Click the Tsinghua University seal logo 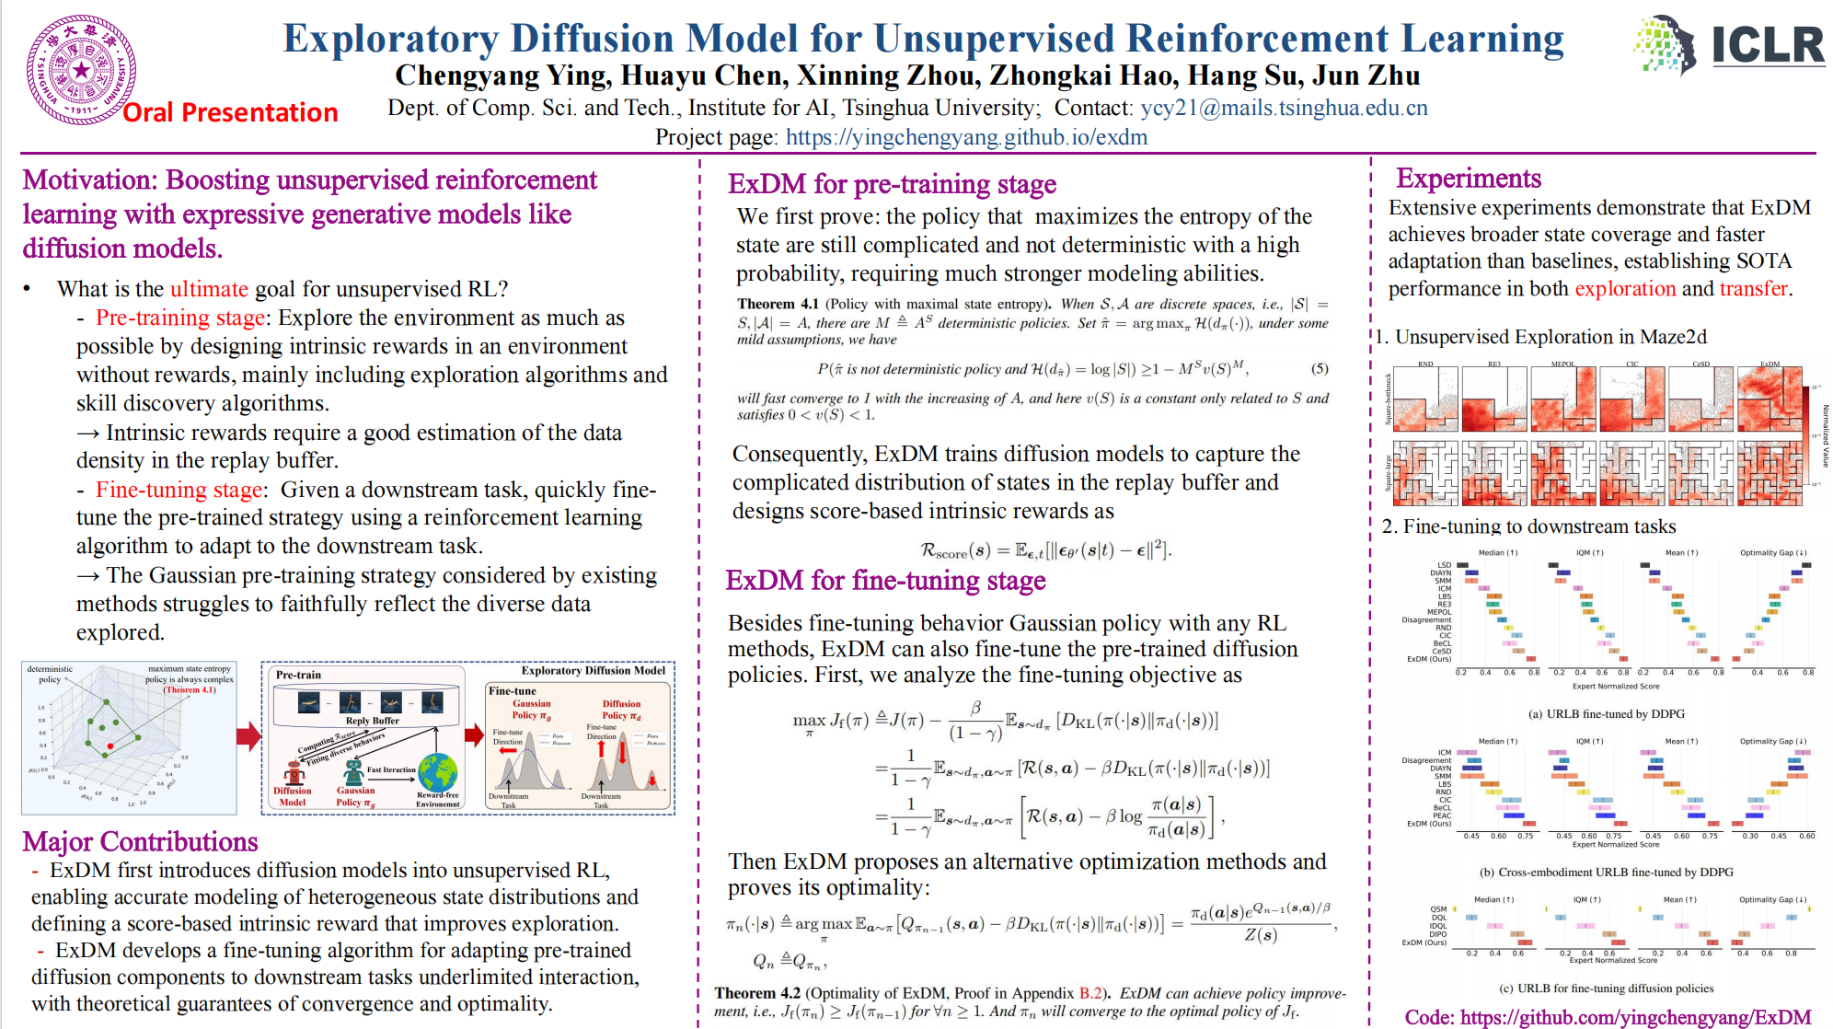point(82,70)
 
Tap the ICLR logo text point(1767,46)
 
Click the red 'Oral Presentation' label point(230,112)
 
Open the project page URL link point(966,138)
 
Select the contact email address point(1284,109)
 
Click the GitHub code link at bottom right point(1635,1017)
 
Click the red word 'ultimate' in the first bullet point(209,289)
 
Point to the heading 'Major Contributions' point(140,841)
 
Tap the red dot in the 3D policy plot point(110,746)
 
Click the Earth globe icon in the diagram point(438,771)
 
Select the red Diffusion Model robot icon point(293,771)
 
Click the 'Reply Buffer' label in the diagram point(373,721)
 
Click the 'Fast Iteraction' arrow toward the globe point(391,780)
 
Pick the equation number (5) point(1320,368)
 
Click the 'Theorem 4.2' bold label point(757,993)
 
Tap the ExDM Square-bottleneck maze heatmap point(1770,399)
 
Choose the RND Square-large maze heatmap point(1425,473)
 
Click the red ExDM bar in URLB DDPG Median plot point(1531,659)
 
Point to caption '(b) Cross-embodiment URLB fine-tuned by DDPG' point(1615,872)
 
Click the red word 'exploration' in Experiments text point(1625,289)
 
